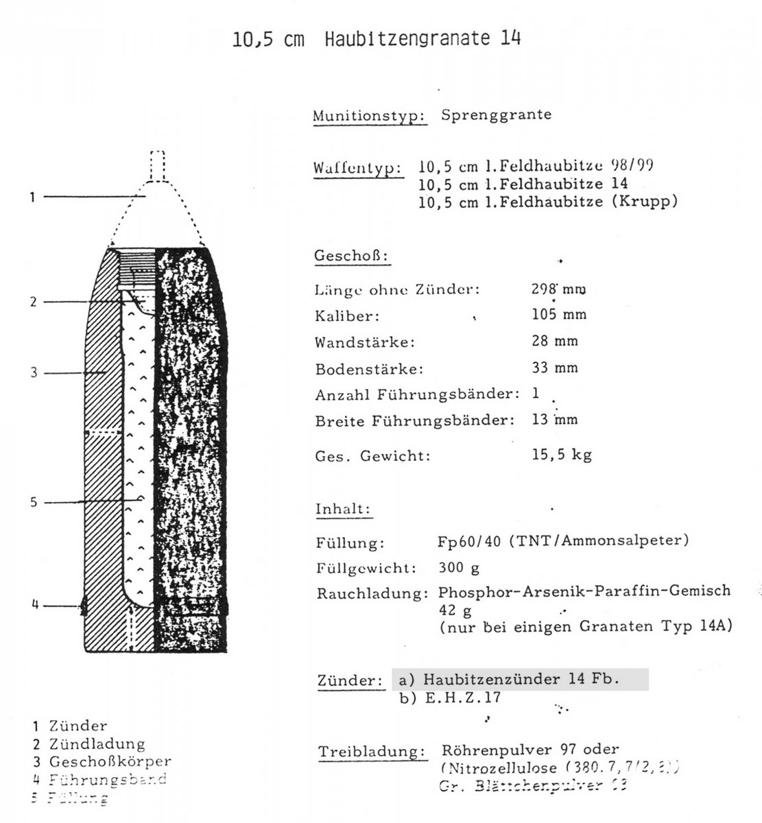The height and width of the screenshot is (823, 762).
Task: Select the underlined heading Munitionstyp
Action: click(370, 116)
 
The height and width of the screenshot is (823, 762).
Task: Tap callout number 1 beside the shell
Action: click(32, 198)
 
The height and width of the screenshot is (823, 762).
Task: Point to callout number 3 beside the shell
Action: click(32, 373)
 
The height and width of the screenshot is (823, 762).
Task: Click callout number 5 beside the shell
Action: click(32, 503)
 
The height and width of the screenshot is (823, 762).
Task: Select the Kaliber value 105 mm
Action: click(559, 315)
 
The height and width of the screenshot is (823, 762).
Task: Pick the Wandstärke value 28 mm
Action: click(555, 342)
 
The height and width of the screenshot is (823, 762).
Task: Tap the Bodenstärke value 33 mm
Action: click(555, 368)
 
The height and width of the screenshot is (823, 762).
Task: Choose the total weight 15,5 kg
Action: click(561, 455)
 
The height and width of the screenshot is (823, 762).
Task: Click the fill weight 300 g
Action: click(459, 569)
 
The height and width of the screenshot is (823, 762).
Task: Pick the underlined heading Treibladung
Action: click(371, 752)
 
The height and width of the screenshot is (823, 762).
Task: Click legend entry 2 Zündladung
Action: click(88, 743)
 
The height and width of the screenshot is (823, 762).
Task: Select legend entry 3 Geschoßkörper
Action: click(102, 761)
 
